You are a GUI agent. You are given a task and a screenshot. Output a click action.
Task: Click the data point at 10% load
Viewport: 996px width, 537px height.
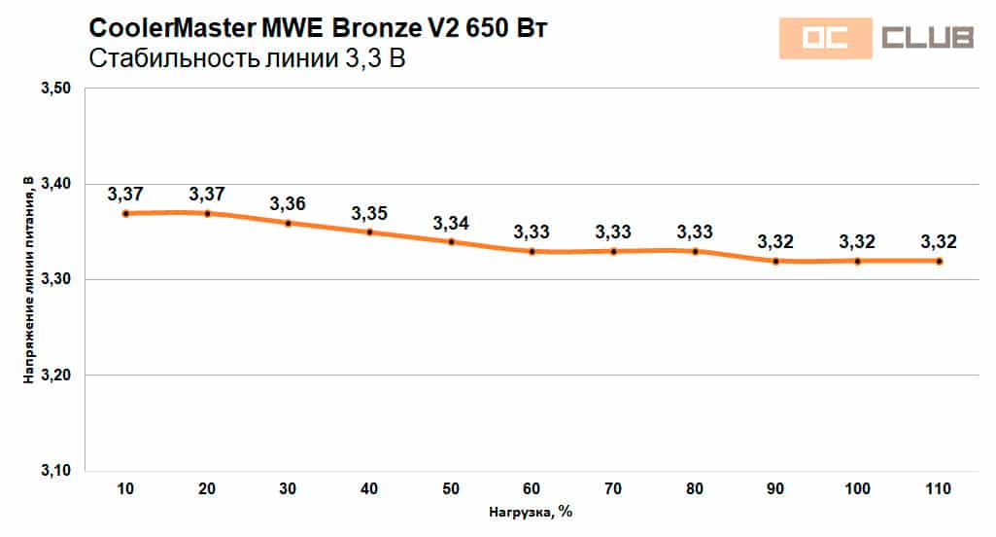[x=126, y=213]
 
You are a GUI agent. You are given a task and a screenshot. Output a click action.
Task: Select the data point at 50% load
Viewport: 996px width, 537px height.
[x=451, y=241]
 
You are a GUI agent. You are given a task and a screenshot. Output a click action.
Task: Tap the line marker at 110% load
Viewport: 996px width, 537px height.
[x=939, y=261]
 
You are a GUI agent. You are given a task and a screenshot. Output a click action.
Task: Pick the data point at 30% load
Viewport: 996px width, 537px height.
[x=289, y=223]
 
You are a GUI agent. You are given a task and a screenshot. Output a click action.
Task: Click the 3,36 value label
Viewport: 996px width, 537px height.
[x=288, y=204]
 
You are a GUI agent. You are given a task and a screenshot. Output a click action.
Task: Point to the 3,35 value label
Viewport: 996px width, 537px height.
[x=369, y=213]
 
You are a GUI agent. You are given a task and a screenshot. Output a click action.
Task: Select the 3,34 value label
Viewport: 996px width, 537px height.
[x=451, y=223]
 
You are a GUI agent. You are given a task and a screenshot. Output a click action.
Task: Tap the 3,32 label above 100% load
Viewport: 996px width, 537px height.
[x=857, y=241]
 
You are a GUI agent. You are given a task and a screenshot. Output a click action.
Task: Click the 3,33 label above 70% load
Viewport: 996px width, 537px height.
[x=613, y=233]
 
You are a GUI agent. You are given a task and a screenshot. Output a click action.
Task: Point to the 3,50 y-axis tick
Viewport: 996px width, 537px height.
[x=56, y=89]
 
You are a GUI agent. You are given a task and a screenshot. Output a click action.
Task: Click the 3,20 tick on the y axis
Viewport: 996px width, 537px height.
[x=56, y=376]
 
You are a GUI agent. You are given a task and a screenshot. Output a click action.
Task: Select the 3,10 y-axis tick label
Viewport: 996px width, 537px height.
[x=56, y=471]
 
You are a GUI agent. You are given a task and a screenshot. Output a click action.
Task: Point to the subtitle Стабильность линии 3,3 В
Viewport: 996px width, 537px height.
[x=247, y=59]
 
